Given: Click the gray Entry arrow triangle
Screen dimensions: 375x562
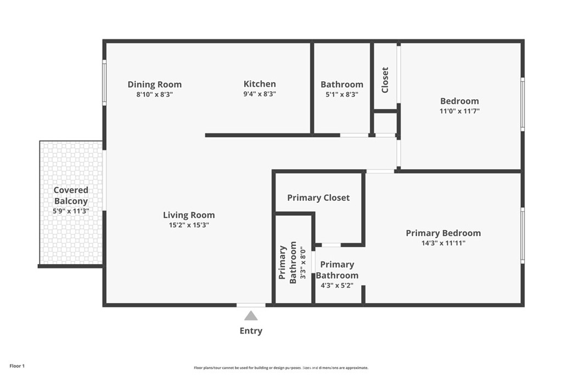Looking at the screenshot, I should point(251,316).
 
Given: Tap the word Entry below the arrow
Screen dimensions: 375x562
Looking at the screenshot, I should point(251,331).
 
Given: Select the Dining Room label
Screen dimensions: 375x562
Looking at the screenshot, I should point(154,85).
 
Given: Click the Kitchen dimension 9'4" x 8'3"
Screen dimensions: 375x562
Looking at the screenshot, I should point(260,94).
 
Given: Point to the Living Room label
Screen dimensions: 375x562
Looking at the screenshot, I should point(189,215).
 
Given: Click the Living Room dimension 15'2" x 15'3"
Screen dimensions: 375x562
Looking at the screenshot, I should point(189,225).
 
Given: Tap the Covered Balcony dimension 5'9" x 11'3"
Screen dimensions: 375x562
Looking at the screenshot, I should point(71,211).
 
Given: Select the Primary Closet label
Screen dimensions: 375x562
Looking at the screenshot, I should point(318,198).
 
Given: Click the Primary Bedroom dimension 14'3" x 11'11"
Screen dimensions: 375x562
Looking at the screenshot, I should point(443,243).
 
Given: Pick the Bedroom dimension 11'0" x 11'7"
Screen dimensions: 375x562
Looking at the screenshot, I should point(459,111).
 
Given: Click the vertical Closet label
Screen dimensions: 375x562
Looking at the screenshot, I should point(385,80).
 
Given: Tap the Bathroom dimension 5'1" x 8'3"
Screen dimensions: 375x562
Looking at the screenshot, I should point(341,94).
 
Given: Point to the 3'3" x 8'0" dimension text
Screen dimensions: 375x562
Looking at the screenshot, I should point(302,262).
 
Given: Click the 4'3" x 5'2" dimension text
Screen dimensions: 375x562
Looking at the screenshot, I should point(337,286).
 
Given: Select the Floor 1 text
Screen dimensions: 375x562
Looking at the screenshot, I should point(17,366).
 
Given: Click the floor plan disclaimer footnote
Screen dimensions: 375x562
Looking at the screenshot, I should point(280,368).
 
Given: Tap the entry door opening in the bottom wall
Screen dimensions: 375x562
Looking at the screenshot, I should point(251,305).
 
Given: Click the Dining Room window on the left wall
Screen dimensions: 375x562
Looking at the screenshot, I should point(104,82).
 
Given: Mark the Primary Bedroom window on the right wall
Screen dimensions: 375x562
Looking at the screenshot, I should point(522,235).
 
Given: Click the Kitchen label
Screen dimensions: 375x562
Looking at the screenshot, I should point(260,84).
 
